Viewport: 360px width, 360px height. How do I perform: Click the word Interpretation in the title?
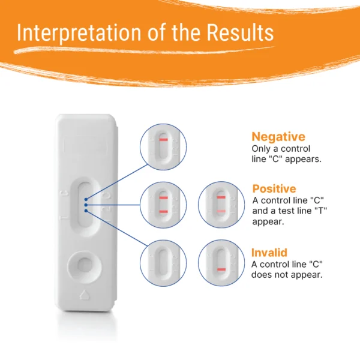(x=79, y=32)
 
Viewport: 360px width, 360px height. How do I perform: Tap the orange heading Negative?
(x=278, y=137)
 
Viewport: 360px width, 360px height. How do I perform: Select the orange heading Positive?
(x=274, y=189)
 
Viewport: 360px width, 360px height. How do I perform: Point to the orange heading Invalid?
(x=269, y=253)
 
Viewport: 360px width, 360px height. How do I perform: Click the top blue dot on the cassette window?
(x=86, y=199)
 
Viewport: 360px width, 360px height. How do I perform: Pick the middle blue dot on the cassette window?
(x=86, y=205)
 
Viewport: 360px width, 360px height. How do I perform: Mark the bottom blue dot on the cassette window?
(x=86, y=211)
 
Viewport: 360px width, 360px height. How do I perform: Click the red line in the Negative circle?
(x=164, y=140)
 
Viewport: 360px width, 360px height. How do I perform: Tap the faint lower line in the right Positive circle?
(x=221, y=211)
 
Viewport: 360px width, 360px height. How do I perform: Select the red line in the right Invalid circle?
(x=221, y=269)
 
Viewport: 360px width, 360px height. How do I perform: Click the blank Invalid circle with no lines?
(x=163, y=263)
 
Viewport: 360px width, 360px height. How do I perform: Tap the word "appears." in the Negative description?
(x=303, y=159)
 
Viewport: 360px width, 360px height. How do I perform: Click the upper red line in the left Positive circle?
(x=164, y=197)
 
